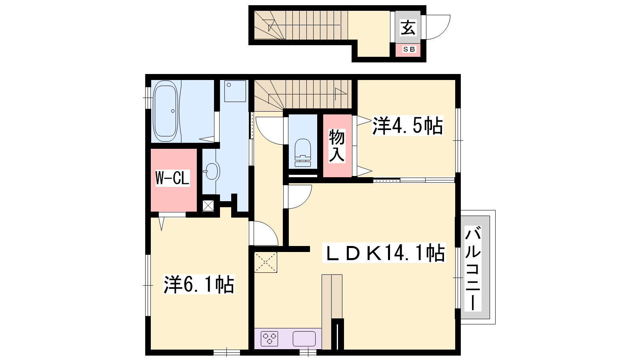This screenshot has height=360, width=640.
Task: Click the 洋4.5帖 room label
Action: click(407, 126)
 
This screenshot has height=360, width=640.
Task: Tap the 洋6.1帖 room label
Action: click(199, 284)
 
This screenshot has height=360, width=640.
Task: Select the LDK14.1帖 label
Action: click(384, 252)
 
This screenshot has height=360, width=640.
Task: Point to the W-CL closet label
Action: click(172, 178)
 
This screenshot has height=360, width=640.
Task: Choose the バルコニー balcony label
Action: click(473, 268)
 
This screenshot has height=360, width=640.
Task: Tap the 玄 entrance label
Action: click(408, 28)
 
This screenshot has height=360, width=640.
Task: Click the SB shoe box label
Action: click(408, 50)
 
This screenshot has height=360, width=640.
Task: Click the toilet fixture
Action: click(303, 153)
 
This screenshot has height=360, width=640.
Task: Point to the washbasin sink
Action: click(212, 171)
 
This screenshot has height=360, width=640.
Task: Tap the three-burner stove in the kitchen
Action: click(269, 339)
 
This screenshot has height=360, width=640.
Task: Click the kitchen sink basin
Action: click(304, 339)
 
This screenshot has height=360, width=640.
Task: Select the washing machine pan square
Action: click(235, 91)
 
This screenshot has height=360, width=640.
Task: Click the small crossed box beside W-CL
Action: click(208, 206)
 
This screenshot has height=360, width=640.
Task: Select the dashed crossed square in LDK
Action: click(266, 262)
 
